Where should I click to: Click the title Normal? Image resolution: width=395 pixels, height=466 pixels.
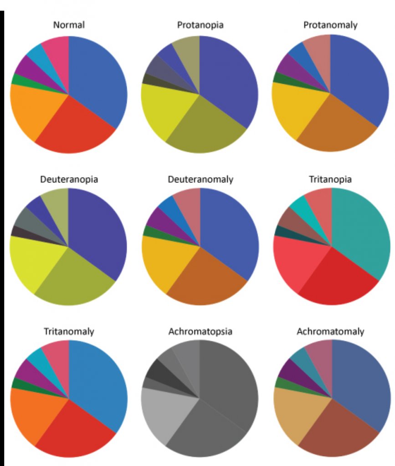click(x=69, y=25)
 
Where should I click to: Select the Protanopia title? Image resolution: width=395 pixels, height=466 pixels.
click(x=200, y=25)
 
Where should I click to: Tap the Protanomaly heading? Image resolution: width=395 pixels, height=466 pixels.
click(x=330, y=25)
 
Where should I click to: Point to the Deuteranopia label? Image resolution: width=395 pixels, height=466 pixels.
click(x=69, y=179)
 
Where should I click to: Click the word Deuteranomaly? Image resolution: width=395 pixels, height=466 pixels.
click(x=200, y=179)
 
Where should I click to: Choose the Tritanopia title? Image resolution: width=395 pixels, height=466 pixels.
click(x=330, y=179)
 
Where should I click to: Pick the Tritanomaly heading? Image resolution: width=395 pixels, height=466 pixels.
click(x=69, y=331)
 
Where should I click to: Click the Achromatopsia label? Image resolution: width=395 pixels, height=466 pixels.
click(x=200, y=331)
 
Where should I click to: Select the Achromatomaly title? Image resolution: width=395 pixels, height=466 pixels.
click(x=330, y=331)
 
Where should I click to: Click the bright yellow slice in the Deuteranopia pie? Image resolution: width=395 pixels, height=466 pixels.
click(x=32, y=262)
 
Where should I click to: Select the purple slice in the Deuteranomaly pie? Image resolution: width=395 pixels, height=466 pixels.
click(x=157, y=218)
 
